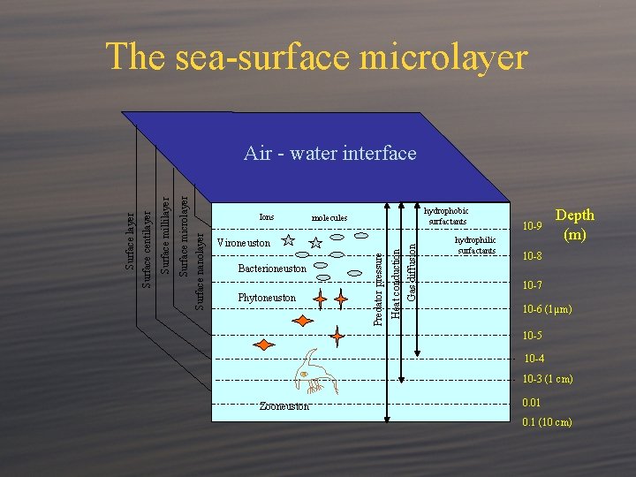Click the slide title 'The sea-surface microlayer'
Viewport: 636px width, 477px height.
[317, 57]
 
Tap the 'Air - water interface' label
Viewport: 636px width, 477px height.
[329, 154]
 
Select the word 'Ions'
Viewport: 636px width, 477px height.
[266, 216]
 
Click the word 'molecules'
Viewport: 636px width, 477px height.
[329, 217]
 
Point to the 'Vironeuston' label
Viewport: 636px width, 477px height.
[244, 242]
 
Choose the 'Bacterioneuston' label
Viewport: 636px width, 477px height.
[273, 269]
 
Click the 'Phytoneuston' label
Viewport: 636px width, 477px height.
[267, 298]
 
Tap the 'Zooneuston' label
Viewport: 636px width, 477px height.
[284, 405]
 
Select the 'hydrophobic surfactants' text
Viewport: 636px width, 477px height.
[446, 216]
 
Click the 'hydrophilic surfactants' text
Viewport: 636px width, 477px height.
[475, 245]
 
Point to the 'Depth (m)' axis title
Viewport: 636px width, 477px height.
[574, 224]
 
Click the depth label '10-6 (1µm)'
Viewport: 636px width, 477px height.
[547, 309]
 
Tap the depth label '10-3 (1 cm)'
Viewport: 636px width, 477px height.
[548, 379]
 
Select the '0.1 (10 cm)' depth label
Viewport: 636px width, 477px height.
[547, 421]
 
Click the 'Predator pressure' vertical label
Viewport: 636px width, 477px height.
[378, 286]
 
